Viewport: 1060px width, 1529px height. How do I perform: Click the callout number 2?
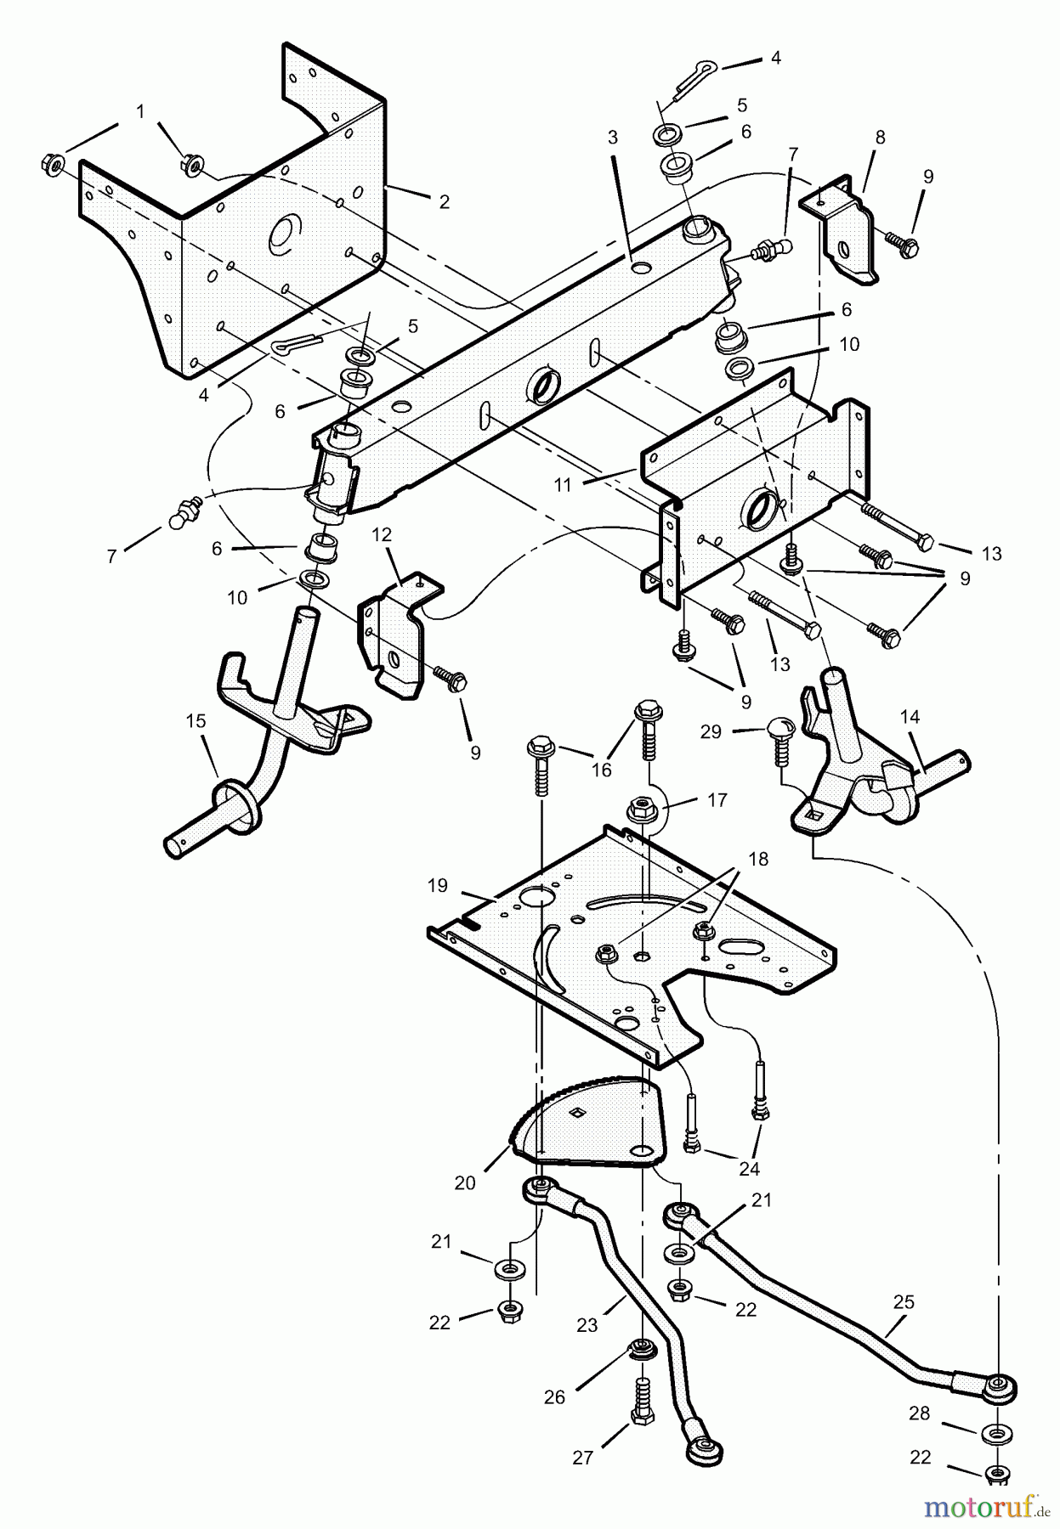click(444, 202)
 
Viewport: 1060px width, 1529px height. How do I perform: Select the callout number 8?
click(880, 137)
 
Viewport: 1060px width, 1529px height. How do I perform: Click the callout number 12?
click(382, 534)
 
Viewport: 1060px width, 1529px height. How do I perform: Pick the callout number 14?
click(910, 717)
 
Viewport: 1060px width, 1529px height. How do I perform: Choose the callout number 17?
click(717, 800)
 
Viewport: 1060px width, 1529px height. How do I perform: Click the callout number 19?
click(437, 886)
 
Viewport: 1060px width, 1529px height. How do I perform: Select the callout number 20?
click(464, 1182)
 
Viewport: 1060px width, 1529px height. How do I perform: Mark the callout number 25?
click(904, 1301)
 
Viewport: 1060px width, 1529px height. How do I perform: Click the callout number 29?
click(711, 731)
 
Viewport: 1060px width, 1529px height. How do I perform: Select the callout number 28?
click(920, 1414)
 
